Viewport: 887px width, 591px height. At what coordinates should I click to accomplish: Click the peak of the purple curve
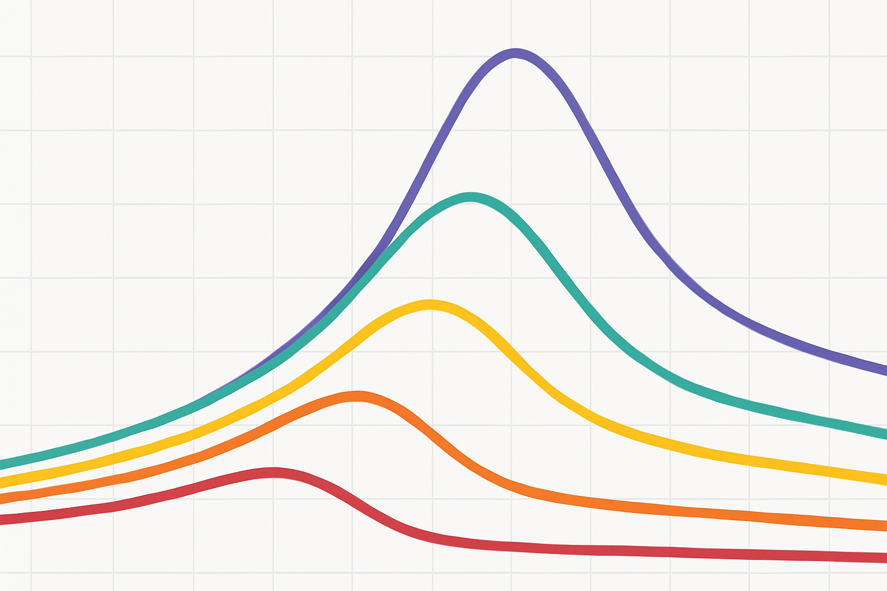click(515, 54)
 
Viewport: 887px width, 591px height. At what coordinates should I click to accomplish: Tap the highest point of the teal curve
click(472, 197)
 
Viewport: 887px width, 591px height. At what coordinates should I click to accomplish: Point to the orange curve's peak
click(357, 397)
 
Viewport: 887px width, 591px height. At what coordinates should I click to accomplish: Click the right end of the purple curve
click(885, 370)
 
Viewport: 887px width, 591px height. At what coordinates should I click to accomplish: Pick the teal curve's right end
click(885, 433)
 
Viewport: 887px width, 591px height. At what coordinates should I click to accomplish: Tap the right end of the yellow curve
click(885, 479)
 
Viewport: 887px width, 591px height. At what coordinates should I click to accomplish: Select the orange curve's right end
click(885, 525)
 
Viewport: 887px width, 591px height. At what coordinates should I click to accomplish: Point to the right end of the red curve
click(885, 558)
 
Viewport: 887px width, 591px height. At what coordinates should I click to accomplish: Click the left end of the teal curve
click(2, 464)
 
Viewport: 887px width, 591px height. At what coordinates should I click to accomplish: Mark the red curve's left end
click(2, 519)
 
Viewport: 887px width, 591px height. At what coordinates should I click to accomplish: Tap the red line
click(404, 527)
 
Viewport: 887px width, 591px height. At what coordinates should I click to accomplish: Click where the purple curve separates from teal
click(370, 263)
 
